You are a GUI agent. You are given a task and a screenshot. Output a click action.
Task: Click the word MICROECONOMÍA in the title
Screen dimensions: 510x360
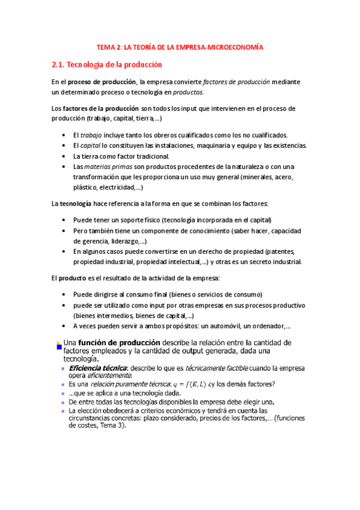coord(236,46)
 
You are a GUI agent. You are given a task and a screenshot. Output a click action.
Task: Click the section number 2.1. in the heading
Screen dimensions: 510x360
coord(59,64)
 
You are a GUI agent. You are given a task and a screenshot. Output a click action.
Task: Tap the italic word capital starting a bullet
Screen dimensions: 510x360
coord(90,146)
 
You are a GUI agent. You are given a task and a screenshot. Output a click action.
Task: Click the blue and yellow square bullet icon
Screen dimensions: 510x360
coord(59,345)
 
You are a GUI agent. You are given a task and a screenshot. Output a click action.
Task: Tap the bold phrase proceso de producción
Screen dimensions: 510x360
coord(102,82)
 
